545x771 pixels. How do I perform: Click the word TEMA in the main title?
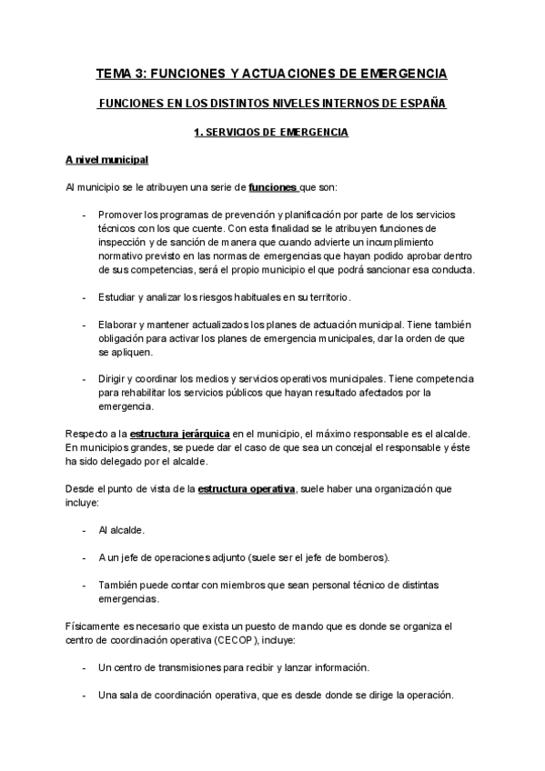[x=116, y=72]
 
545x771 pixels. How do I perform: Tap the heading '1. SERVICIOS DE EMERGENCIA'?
[x=271, y=133]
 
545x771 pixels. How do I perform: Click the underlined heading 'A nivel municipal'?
[x=107, y=160]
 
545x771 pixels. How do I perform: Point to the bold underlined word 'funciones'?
[x=272, y=187]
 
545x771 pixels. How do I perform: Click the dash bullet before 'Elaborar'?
[x=84, y=325]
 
